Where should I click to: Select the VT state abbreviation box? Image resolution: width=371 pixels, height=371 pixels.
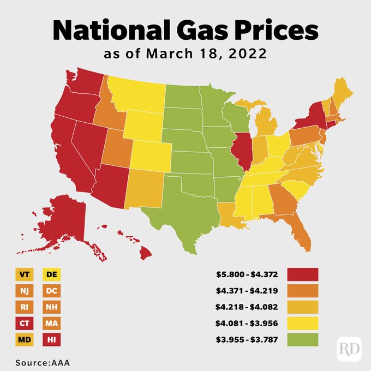pos(24,274)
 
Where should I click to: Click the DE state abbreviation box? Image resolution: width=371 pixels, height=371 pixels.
pos(53,274)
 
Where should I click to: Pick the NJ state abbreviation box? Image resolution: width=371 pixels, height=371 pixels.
pos(24,291)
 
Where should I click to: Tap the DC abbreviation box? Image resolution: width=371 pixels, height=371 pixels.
pos(53,291)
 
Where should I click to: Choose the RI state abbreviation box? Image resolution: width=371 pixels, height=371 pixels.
pos(24,307)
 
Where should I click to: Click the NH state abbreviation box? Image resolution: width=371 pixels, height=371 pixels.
pos(53,307)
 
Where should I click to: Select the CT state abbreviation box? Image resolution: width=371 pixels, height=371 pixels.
pos(24,324)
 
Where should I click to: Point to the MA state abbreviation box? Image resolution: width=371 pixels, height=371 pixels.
pos(53,324)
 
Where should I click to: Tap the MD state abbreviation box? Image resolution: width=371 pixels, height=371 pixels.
pos(24,340)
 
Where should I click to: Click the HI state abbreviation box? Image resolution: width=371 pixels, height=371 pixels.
pos(53,340)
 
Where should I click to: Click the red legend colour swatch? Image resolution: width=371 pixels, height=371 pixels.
pos(302,274)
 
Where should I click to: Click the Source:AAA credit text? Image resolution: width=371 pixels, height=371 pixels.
pos(43,362)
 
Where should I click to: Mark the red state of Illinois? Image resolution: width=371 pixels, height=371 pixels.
pos(243,154)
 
